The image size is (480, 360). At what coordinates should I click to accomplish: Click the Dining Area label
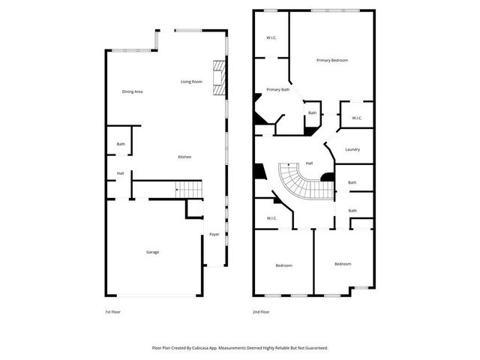(133, 91)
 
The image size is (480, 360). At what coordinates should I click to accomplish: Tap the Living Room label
(191, 82)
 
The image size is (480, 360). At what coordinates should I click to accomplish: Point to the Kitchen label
(184, 157)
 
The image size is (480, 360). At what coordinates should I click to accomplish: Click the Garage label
(152, 252)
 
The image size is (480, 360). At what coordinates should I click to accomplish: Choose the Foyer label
(214, 235)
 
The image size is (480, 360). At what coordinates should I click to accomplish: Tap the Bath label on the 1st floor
(121, 144)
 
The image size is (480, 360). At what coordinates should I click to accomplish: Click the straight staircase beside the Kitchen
(189, 190)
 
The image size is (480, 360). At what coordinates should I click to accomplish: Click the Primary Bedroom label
(331, 60)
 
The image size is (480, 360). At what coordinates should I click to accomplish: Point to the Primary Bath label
(277, 89)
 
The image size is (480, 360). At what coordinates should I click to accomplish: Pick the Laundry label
(352, 149)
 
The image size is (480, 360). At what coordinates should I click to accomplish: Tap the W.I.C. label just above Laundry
(357, 118)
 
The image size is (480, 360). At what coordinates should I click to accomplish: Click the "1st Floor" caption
(112, 311)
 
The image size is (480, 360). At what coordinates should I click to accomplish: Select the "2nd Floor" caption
(262, 311)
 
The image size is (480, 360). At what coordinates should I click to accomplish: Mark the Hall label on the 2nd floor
(309, 163)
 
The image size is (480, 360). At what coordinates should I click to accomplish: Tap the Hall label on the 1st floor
(120, 173)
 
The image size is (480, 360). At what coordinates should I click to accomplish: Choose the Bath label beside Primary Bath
(312, 113)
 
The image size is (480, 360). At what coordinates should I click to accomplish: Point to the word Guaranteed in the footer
(313, 348)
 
